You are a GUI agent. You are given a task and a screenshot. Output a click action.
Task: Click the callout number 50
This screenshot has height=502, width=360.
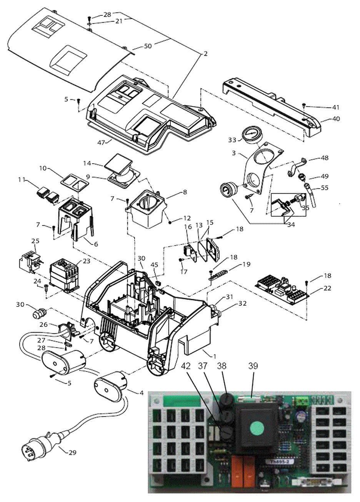tap(148, 46)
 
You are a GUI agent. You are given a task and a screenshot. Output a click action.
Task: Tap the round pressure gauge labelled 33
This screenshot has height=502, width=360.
tap(250, 135)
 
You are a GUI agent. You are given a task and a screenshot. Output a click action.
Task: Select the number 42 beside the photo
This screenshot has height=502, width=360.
tap(186, 366)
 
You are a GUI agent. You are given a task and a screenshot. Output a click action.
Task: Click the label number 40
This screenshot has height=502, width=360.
tap(336, 119)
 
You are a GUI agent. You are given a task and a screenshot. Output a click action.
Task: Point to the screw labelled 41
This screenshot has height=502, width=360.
tap(304, 105)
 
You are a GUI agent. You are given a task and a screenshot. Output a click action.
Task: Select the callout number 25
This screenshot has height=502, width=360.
tap(35, 241)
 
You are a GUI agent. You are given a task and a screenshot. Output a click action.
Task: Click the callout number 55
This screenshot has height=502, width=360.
tap(325, 189)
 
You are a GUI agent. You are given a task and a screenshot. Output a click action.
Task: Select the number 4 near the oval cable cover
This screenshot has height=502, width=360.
tap(142, 393)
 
